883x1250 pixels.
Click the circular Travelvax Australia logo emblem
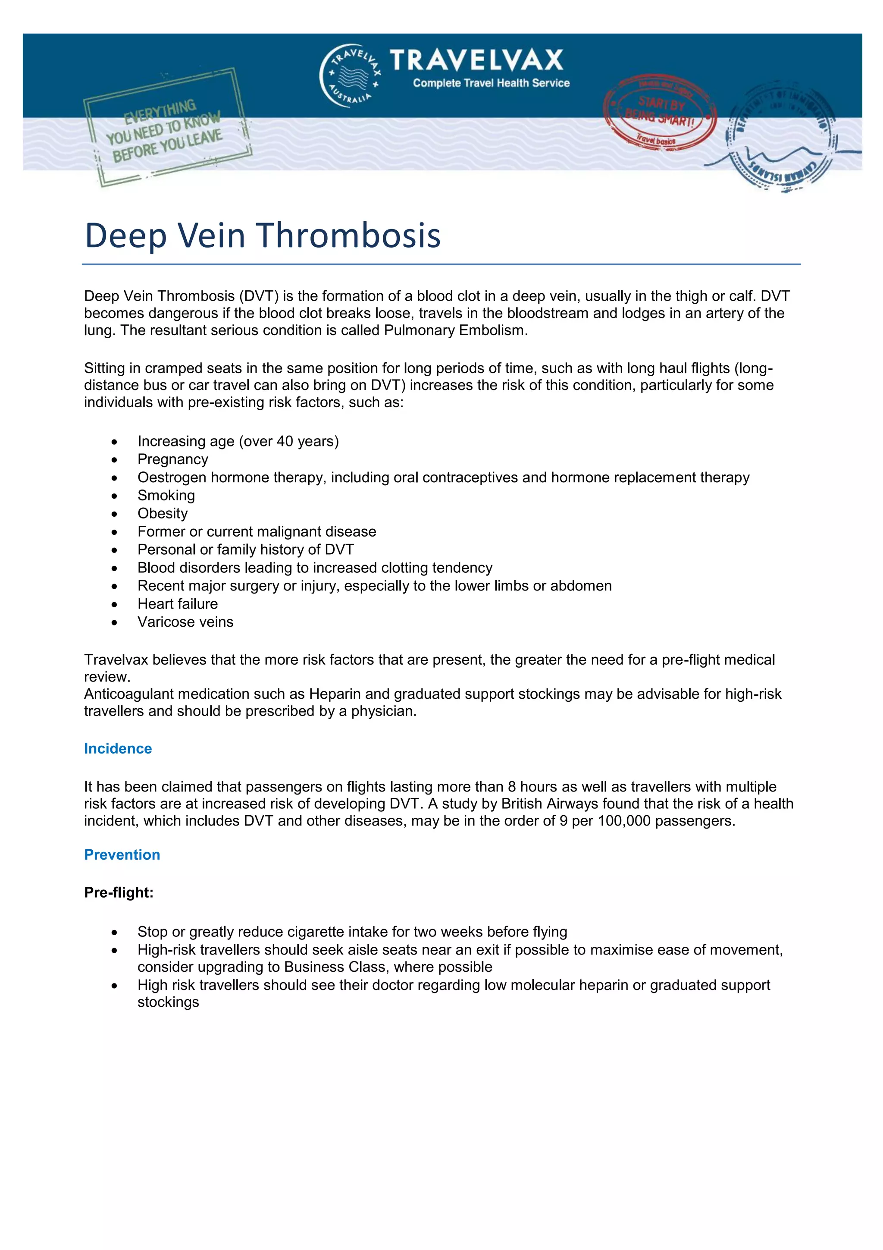pos(350,75)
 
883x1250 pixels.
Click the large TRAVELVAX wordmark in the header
pos(476,60)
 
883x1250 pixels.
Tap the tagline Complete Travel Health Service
pos(491,83)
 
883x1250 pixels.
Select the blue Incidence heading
pos(118,749)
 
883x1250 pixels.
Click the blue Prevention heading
pos(122,855)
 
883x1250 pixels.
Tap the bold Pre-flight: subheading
pos(119,893)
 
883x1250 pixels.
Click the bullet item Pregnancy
pos(172,459)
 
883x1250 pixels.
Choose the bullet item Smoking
pos(166,496)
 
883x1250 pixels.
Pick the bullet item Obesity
pos(162,513)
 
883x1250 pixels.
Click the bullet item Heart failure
pos(177,604)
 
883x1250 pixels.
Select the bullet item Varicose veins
pos(185,622)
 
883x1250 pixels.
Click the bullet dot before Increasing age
pos(114,442)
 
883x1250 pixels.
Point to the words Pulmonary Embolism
pos(454,330)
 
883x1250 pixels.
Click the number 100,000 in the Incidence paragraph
pos(623,821)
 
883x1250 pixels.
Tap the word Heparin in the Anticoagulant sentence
pos(331,694)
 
